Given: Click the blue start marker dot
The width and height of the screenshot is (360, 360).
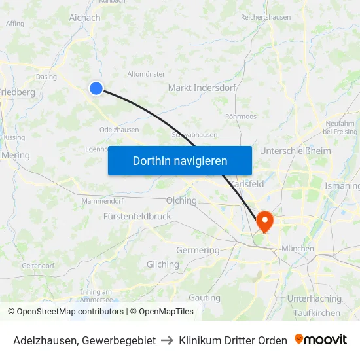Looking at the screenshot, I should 96,88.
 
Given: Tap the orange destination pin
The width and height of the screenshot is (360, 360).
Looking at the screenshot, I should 265,221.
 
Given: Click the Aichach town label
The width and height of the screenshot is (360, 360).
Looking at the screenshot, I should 84,18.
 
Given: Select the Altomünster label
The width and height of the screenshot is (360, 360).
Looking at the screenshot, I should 146,74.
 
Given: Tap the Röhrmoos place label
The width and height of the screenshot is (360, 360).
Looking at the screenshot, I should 240,116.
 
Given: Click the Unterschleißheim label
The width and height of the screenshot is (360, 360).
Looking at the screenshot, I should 295,151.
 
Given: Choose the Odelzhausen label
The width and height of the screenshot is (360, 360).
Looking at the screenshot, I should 119,130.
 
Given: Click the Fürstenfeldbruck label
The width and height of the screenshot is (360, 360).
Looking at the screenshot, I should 137,215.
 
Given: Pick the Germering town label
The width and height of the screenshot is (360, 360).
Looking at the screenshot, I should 198,250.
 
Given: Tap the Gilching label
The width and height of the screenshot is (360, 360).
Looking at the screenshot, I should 162,264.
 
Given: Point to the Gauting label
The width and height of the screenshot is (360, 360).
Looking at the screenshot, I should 204,298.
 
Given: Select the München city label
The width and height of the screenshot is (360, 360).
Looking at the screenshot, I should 298,249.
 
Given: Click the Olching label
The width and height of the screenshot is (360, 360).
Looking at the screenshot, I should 181,200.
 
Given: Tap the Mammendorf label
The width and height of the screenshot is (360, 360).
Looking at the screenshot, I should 103,201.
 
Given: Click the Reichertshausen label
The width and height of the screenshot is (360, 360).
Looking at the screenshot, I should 266,17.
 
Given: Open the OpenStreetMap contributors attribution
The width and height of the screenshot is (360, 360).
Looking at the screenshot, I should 70,312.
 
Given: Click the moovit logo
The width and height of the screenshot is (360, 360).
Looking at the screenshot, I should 321,340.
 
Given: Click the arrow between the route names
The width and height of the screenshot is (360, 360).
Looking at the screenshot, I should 168,340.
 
